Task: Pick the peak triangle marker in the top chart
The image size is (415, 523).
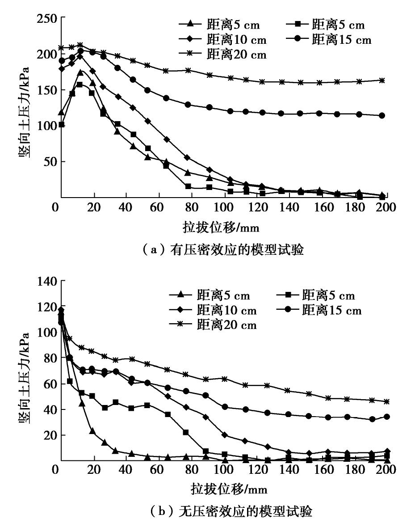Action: click(x=81, y=72)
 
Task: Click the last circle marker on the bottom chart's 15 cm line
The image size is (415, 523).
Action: click(x=387, y=417)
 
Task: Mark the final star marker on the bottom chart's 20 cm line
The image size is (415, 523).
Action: click(x=387, y=401)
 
